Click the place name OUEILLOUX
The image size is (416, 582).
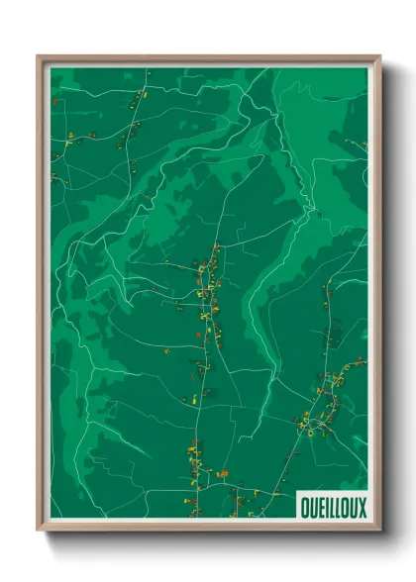[x=333, y=508]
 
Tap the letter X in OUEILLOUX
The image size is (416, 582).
[x=362, y=508]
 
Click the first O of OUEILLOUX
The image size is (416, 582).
[x=304, y=508]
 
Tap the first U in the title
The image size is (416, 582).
[x=312, y=508]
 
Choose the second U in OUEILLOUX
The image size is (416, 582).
[x=354, y=508]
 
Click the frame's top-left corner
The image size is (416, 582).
[x=39, y=56]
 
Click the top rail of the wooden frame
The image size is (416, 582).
[x=208, y=58]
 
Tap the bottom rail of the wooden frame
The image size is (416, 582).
[x=208, y=528]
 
